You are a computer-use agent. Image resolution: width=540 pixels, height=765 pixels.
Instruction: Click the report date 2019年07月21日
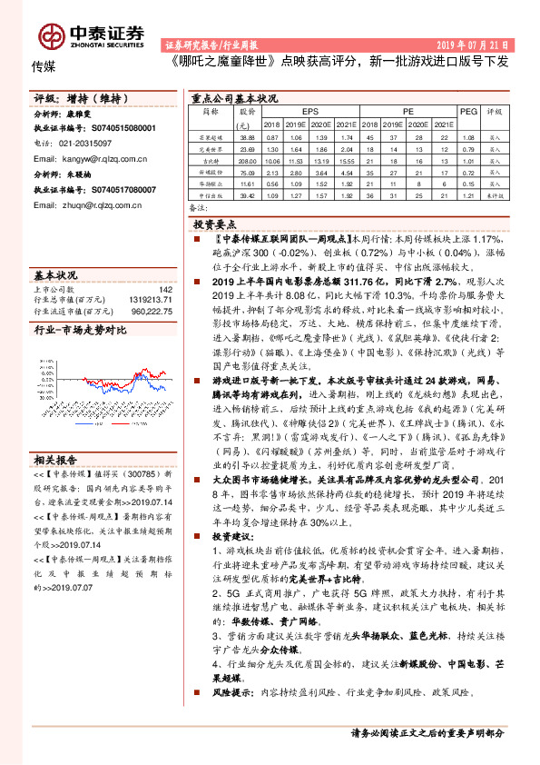click(475, 44)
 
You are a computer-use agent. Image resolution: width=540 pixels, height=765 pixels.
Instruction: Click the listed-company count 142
click(165, 290)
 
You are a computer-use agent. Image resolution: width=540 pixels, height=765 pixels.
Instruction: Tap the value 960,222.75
click(152, 311)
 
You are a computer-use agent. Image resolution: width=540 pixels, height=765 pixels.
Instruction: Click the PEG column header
click(468, 110)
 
